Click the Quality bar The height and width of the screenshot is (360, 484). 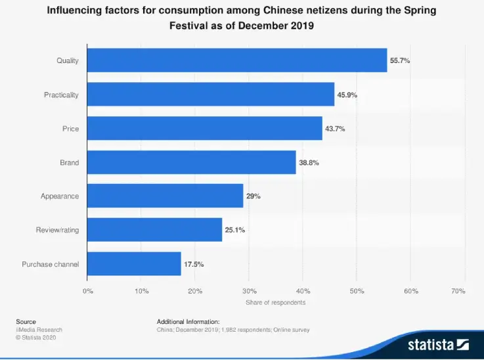coord(236,60)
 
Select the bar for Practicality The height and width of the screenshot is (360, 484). coord(210,95)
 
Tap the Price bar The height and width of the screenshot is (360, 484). coord(204,128)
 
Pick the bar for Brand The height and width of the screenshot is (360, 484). coord(191,162)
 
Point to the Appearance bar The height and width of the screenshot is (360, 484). coord(165,196)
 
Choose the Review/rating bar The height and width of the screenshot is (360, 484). coord(154,230)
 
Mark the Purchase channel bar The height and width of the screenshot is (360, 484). coord(134,264)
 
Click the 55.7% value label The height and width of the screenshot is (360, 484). coord(400,60)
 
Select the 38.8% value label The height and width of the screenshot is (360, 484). coord(309,162)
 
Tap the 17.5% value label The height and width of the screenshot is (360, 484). coord(194,264)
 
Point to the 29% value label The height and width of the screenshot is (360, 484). coord(253,196)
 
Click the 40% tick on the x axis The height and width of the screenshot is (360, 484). coord(303,290)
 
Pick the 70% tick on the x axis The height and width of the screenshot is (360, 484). coord(459,290)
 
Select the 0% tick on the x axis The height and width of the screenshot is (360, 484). coord(88,290)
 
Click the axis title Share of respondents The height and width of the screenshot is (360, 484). coord(276,302)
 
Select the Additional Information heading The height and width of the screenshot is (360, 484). coord(188,321)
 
